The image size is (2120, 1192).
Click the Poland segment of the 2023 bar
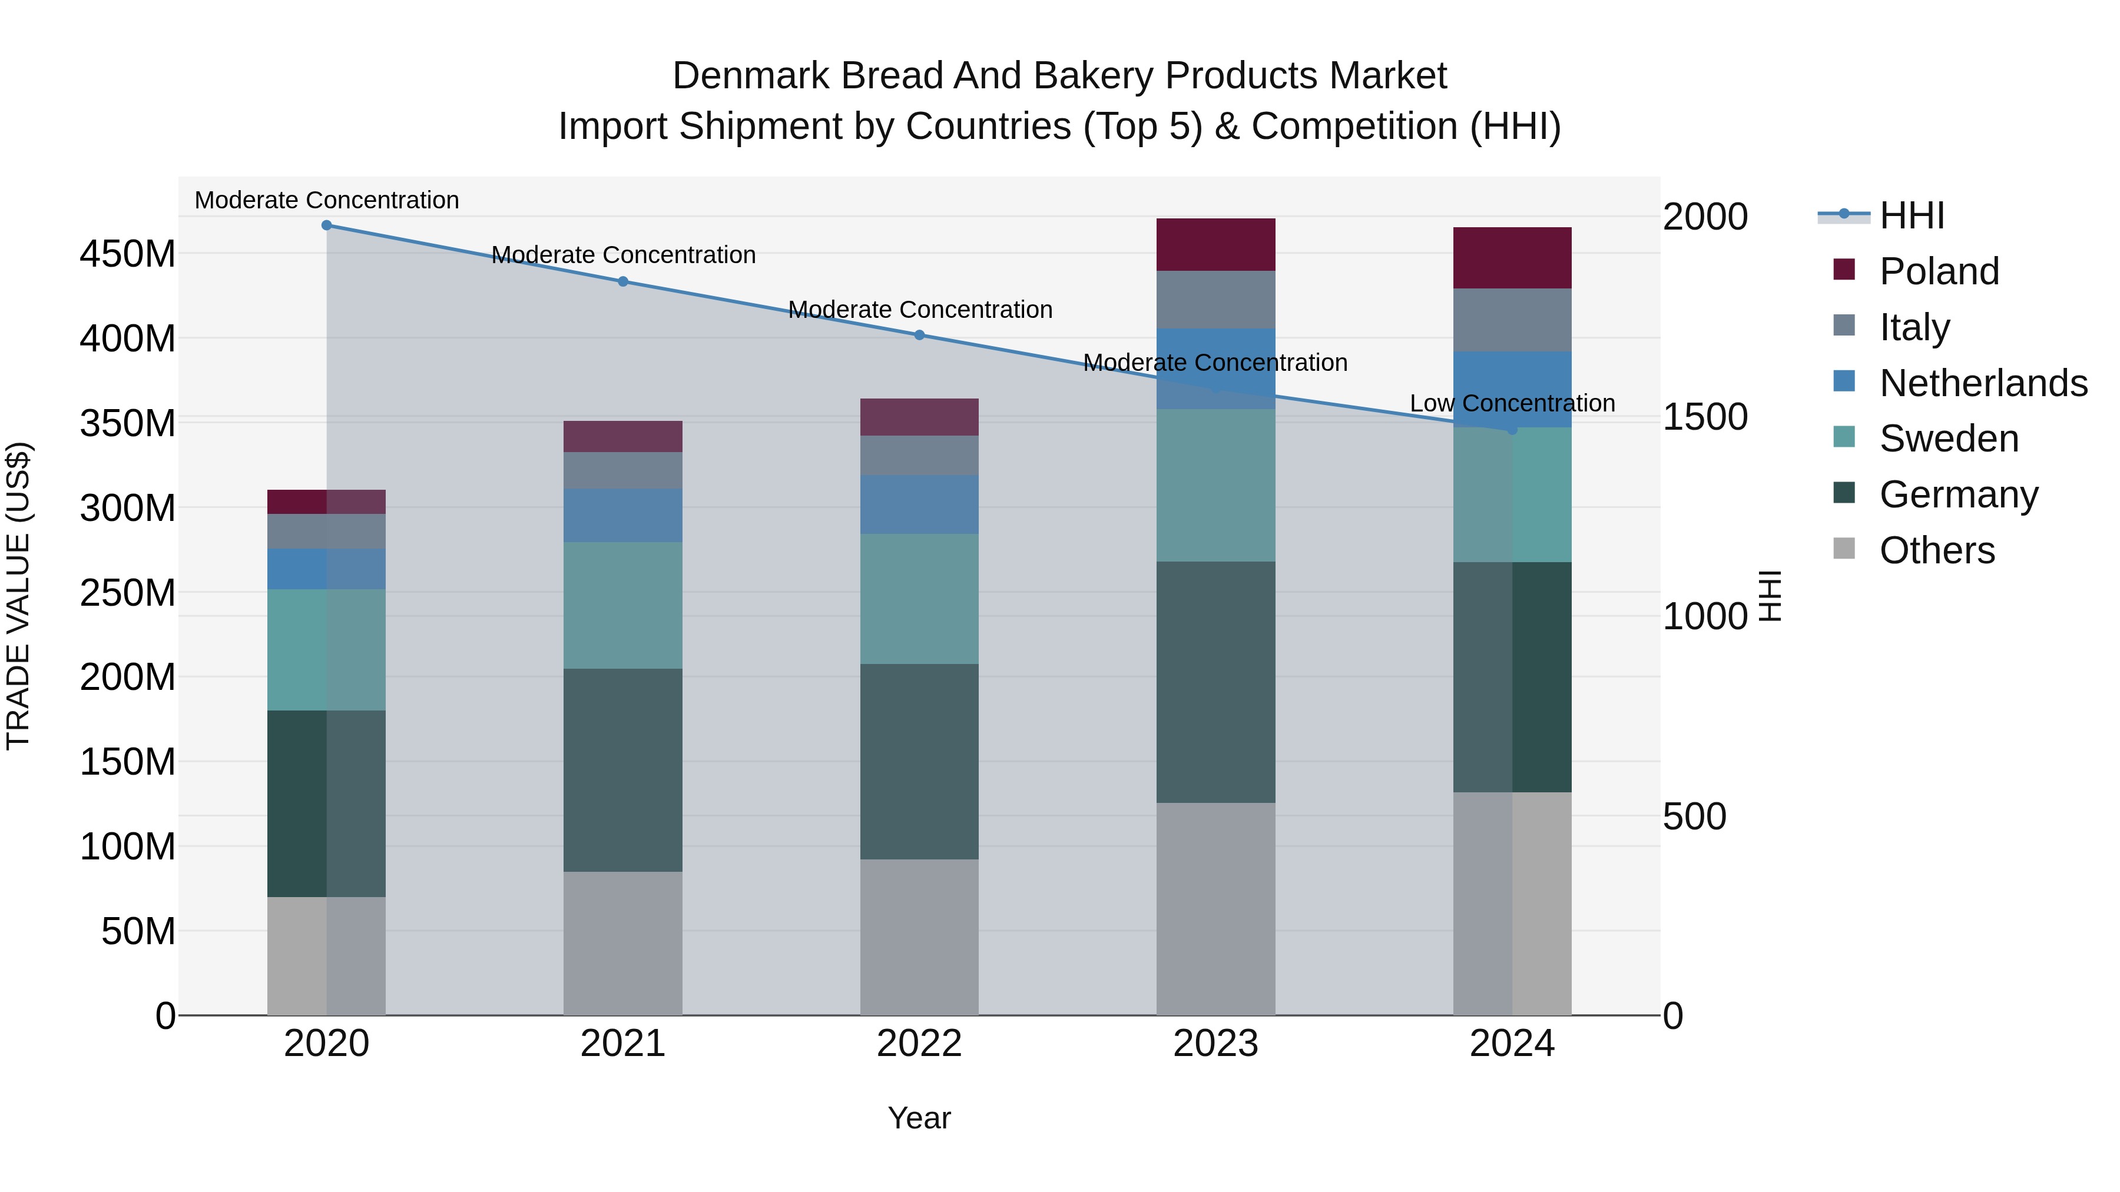tap(1215, 244)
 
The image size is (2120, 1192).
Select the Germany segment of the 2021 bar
tap(623, 769)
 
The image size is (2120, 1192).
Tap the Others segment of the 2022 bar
tap(919, 937)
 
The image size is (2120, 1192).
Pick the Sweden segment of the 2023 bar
tap(1215, 486)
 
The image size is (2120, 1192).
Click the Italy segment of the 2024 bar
tap(1512, 320)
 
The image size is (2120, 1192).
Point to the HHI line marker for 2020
tap(327, 225)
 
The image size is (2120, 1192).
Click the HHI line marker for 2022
tap(919, 335)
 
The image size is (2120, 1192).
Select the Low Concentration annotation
tap(1512, 403)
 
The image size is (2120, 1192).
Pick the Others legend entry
tap(1936, 550)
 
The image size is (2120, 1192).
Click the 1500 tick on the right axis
tap(1704, 417)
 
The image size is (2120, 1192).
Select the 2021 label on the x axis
tap(623, 1044)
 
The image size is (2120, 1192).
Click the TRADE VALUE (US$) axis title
tap(18, 596)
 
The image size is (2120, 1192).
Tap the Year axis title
tap(919, 1118)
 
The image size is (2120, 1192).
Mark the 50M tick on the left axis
tap(138, 931)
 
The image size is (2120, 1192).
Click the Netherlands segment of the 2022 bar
tap(919, 504)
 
